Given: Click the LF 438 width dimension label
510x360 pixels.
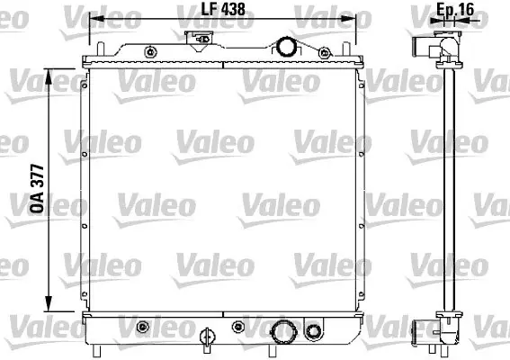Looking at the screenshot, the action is (x=223, y=9).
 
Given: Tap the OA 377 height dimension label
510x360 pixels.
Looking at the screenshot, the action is (x=37, y=189).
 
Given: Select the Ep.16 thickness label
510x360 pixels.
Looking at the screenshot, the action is (x=455, y=9).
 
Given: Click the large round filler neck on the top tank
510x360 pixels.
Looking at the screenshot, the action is (x=285, y=47).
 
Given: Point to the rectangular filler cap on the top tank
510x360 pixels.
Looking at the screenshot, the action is (x=199, y=39).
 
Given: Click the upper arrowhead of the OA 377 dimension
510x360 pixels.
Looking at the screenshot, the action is (x=49, y=76).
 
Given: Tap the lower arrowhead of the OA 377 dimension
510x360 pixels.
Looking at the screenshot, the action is (x=49, y=303).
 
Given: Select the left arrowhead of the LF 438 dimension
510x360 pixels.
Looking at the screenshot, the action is (x=96, y=19).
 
